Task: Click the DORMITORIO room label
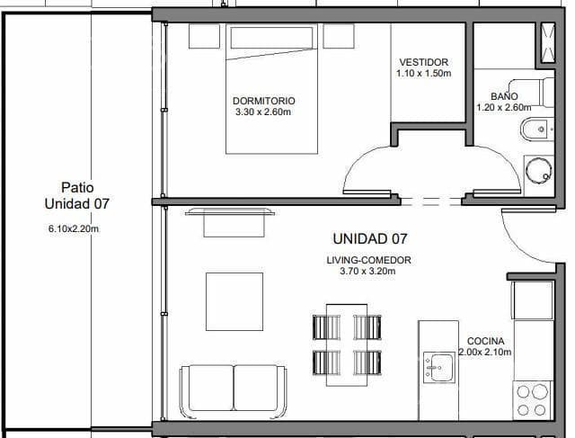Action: point(263,101)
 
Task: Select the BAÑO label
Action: point(504,95)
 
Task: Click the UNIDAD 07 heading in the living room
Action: point(370,239)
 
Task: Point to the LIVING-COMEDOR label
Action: point(368,260)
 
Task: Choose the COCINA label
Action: point(485,341)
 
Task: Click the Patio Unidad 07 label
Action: point(77,195)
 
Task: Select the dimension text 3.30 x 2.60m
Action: point(263,112)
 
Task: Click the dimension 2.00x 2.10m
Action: point(485,353)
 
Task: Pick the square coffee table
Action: point(234,300)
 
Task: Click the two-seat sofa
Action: point(233,389)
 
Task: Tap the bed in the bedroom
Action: point(270,90)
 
